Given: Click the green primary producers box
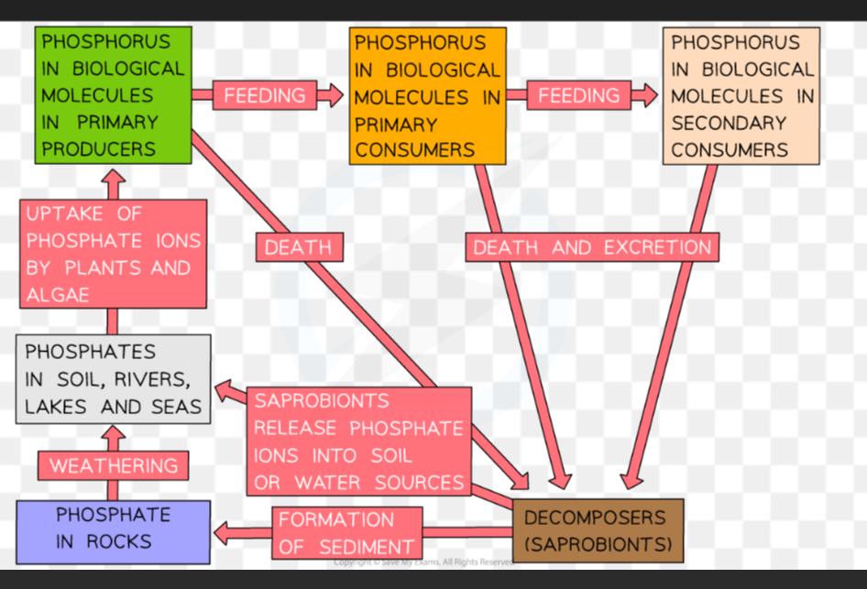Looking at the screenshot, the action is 114,95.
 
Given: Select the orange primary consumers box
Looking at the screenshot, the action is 427,96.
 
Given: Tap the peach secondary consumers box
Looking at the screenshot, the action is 741,96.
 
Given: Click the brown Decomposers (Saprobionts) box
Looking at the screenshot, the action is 598,531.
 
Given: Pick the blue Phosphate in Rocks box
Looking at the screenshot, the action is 114,532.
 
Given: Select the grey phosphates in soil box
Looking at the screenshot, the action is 114,379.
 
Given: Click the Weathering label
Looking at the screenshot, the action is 114,465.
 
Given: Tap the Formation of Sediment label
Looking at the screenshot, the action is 347,533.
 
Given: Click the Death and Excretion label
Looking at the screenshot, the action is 592,247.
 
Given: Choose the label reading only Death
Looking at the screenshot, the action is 299,247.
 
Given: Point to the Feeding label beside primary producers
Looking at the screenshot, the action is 264,95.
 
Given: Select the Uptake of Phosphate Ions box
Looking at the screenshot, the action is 114,254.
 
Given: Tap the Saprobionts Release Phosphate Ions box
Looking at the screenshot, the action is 359,442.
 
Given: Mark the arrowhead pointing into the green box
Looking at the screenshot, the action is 114,177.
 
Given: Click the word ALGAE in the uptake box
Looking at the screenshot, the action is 58,295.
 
